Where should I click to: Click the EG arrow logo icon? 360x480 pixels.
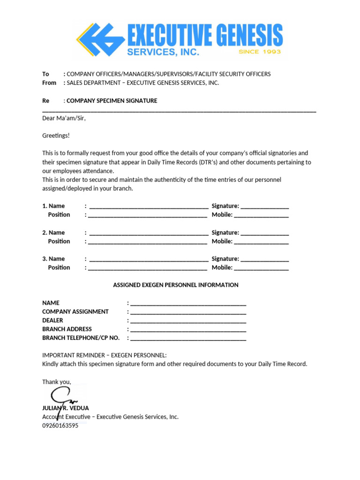click(101, 39)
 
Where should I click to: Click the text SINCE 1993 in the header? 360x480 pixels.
click(259, 52)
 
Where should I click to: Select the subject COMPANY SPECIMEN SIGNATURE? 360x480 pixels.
click(112, 101)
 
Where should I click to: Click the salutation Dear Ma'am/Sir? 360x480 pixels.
click(64, 118)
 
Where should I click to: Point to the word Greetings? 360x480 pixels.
click(56, 135)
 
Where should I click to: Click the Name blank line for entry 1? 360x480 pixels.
click(149, 207)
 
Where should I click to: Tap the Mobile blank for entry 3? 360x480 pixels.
click(261, 269)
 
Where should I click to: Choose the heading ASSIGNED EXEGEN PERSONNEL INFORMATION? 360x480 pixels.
click(176, 285)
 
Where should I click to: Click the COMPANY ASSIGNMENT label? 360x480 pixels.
click(75, 312)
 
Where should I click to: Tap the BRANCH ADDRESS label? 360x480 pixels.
click(67, 329)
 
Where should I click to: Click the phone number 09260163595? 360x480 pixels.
click(60, 426)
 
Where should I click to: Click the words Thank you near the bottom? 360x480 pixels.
click(56, 382)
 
